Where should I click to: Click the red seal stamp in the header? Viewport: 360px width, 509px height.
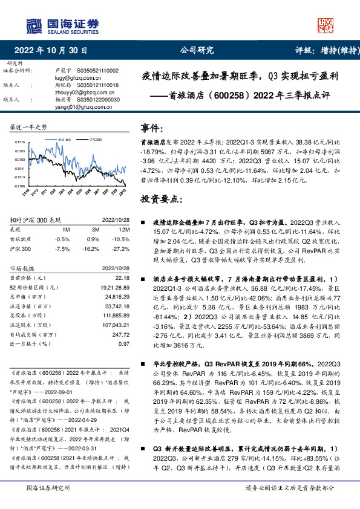(x=327, y=26)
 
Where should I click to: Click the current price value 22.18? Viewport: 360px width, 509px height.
(x=122, y=277)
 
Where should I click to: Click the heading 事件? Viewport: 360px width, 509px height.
(x=153, y=129)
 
